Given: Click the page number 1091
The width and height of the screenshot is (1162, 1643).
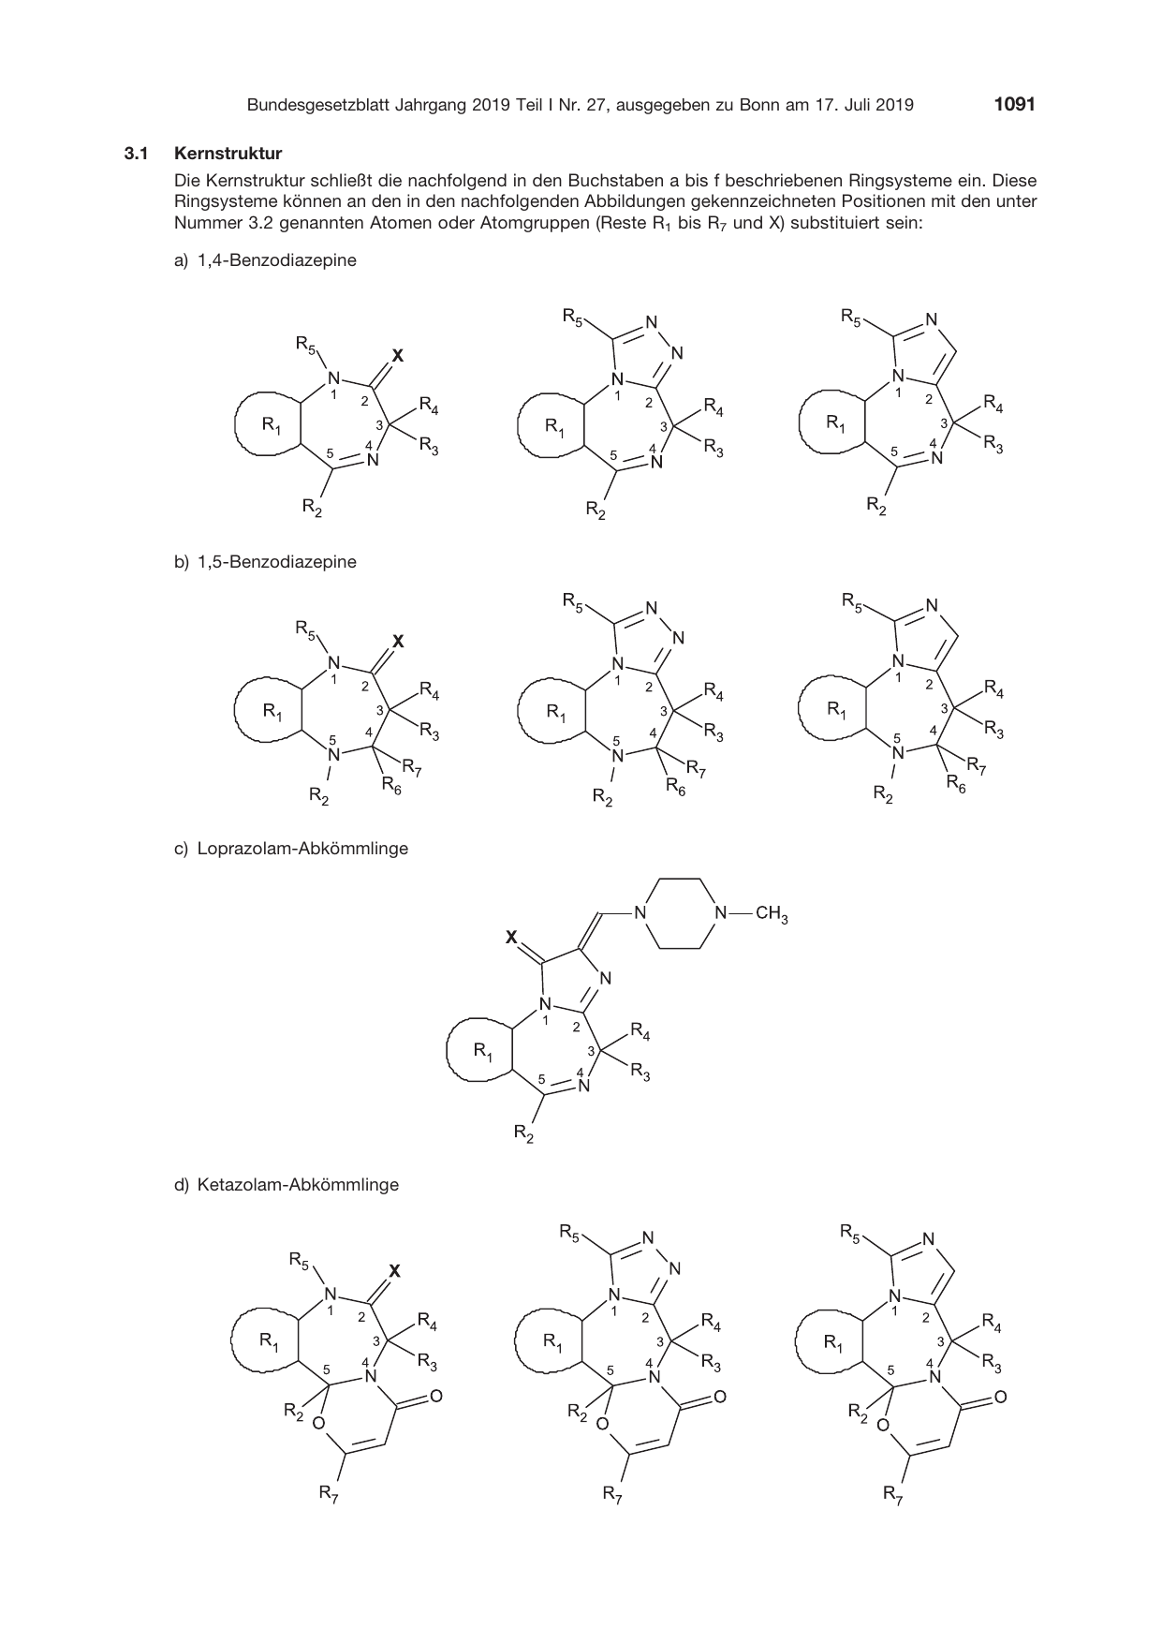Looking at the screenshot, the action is tap(1015, 105).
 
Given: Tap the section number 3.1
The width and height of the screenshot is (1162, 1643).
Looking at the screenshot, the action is tap(137, 153).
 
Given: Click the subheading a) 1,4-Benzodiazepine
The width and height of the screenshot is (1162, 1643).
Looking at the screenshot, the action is tap(265, 260).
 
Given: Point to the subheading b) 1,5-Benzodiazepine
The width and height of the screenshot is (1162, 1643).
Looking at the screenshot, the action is tap(265, 562).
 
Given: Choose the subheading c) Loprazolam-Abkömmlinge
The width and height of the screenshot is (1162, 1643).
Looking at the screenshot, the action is tap(291, 849).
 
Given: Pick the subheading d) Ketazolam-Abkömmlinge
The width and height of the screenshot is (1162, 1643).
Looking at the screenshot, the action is tap(287, 1184).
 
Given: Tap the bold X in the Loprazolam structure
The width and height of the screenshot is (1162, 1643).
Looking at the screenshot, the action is tap(511, 936).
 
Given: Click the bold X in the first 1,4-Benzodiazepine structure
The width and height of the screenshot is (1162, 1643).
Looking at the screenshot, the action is tap(397, 356).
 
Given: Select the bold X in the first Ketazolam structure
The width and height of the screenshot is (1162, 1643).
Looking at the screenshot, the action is tap(394, 1271).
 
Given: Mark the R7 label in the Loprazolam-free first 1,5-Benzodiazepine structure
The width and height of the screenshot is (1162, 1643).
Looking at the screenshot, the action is tap(413, 773).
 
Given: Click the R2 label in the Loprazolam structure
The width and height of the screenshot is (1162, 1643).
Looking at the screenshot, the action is tap(524, 1135).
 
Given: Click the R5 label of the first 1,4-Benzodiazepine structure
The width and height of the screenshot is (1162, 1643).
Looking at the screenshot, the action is tap(305, 346).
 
